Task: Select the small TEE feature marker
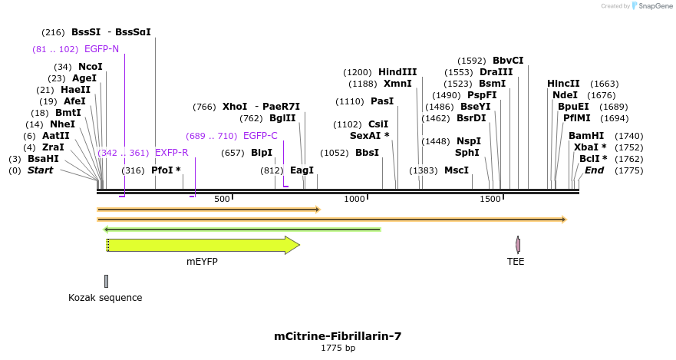pyautogui.click(x=518, y=245)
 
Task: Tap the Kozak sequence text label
pyautogui.click(x=105, y=298)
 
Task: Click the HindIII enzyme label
pyautogui.click(x=397, y=72)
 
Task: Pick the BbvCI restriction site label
pyautogui.click(x=508, y=61)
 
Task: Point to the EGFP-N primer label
pyautogui.click(x=101, y=49)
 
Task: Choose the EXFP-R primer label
pyautogui.click(x=171, y=153)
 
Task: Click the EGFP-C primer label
pyautogui.click(x=260, y=136)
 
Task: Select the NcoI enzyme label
pyautogui.click(x=90, y=67)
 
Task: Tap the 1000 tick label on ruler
pyautogui.click(x=354, y=200)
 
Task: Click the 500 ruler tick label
pyautogui.click(x=222, y=200)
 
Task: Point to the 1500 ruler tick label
pyautogui.click(x=490, y=200)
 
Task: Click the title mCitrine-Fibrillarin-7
pyautogui.click(x=338, y=336)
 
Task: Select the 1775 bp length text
pyautogui.click(x=338, y=348)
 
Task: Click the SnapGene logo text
pyautogui.click(x=653, y=6)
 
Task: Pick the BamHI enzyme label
pyautogui.click(x=586, y=136)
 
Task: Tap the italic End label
pyautogui.click(x=595, y=170)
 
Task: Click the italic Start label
pyautogui.click(x=40, y=170)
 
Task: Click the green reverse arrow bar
pyautogui.click(x=242, y=229)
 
